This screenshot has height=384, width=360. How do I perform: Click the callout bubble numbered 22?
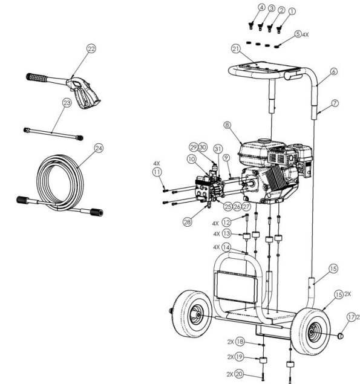pos(91,49)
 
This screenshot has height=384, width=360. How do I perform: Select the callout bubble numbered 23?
pos(67,103)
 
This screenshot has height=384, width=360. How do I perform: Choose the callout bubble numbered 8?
pos(227,125)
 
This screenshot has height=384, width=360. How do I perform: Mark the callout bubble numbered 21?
pos(236,48)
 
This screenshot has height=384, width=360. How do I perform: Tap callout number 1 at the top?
pos(292,10)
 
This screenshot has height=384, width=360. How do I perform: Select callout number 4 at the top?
pos(261,7)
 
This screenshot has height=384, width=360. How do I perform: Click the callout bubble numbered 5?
pos(298,34)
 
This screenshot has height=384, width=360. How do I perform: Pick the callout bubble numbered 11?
pos(157,172)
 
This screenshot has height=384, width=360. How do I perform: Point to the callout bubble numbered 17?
pos(352,316)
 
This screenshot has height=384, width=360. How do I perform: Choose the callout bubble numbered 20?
pos(239,374)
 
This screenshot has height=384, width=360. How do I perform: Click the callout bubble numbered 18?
pos(240,342)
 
